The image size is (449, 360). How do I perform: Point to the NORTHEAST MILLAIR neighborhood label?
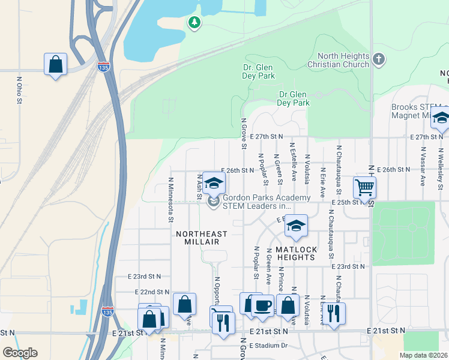coord(202,238)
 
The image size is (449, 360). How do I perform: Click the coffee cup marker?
coord(262,306)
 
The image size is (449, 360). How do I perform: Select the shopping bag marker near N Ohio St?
coord(55,64)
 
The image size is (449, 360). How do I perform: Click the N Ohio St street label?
coord(19,90)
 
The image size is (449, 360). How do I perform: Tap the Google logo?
coord(20,353)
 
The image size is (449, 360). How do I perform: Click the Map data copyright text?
coord(423,355)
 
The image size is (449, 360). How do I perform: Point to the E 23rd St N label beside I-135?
coord(145,277)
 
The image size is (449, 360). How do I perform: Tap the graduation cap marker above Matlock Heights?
coord(295,226)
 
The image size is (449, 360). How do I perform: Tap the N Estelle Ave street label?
coord(294,161)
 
